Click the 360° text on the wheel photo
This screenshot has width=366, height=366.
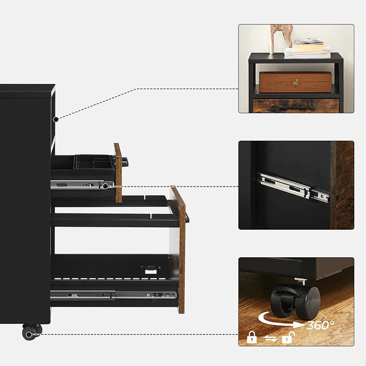coord(320,325)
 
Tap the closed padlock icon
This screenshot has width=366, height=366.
coord(252,337)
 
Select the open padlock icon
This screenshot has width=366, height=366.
coord(288,338)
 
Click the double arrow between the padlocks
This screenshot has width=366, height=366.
coord(270,338)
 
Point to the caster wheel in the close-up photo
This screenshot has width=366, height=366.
coord(296,301)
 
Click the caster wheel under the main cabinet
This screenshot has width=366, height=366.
coord(32,331)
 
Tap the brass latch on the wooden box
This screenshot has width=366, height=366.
coord(295,82)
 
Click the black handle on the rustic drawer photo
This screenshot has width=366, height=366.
coord(296,108)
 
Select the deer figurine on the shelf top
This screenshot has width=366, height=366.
coord(281,39)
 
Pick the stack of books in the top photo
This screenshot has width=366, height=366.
coord(308,49)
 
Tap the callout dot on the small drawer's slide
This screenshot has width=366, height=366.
coord(105,186)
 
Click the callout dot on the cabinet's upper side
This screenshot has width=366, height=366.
coord(55,119)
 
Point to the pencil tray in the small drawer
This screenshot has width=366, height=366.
coord(94,162)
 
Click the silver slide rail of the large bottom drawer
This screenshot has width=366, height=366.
coord(113,295)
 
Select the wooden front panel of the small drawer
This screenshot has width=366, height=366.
coord(118,173)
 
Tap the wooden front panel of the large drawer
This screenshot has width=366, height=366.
coord(180,250)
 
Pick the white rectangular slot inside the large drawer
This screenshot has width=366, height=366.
coord(151,271)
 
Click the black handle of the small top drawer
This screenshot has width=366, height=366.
coord(125,162)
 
